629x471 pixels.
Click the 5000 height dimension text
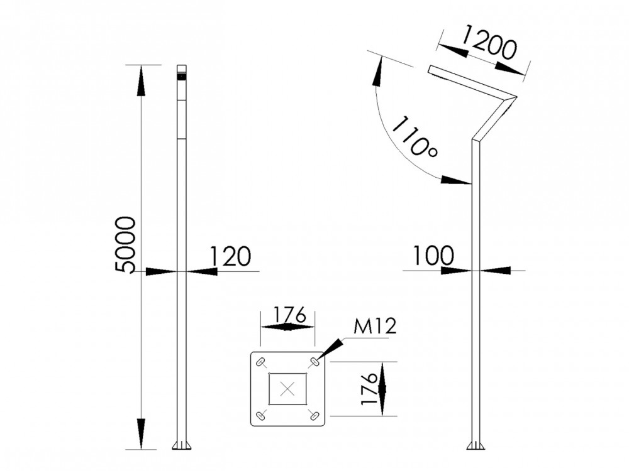pos(126,245)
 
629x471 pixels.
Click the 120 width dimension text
pos(230,256)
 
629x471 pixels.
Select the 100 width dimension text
pos(434,256)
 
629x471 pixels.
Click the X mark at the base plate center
pos(288,389)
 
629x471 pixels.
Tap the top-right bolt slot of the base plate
pos(314,362)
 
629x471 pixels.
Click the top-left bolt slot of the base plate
pos(261,362)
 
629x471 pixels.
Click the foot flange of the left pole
pos(182,446)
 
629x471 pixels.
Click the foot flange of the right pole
pos(476,446)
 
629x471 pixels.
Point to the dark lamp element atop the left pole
pos(182,77)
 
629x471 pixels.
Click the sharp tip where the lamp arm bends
pos(515,97)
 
